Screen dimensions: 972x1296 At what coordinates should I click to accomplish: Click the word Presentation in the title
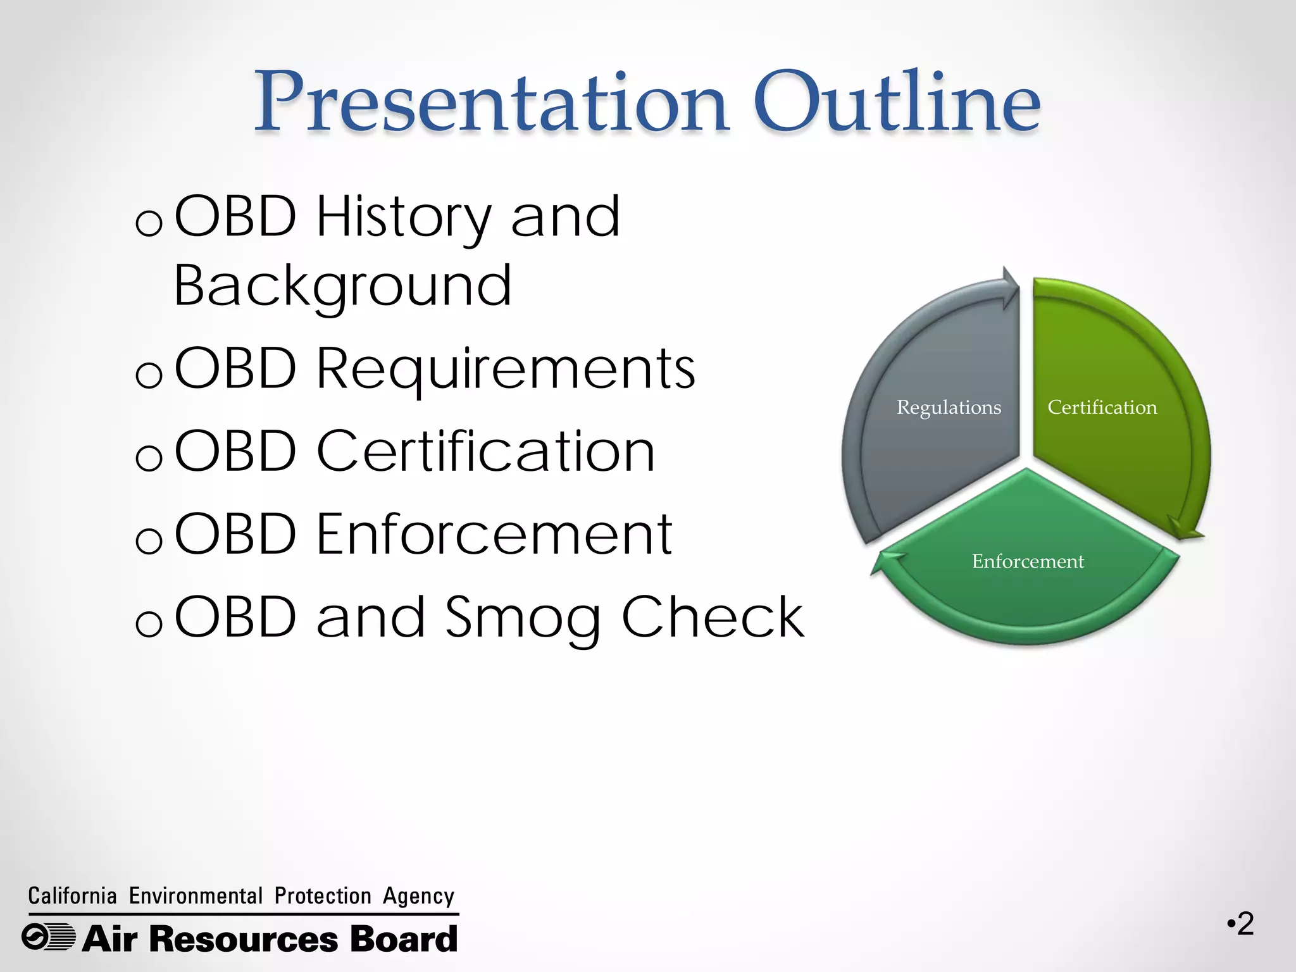click(491, 103)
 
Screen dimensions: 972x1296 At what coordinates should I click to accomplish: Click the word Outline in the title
click(896, 103)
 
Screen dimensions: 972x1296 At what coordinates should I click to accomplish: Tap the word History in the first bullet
click(403, 218)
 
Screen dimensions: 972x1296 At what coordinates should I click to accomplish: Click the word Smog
click(522, 619)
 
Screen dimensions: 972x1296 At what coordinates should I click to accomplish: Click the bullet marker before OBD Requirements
click(149, 376)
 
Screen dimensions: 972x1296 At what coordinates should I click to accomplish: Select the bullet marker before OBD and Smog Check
click(149, 625)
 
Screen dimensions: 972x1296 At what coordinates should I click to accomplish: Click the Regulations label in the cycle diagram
click(949, 408)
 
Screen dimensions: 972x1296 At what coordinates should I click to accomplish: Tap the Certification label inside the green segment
click(1102, 408)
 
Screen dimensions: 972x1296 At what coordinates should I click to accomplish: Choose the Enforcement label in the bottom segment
click(1028, 561)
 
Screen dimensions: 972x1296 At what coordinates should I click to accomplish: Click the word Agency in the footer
click(418, 896)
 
